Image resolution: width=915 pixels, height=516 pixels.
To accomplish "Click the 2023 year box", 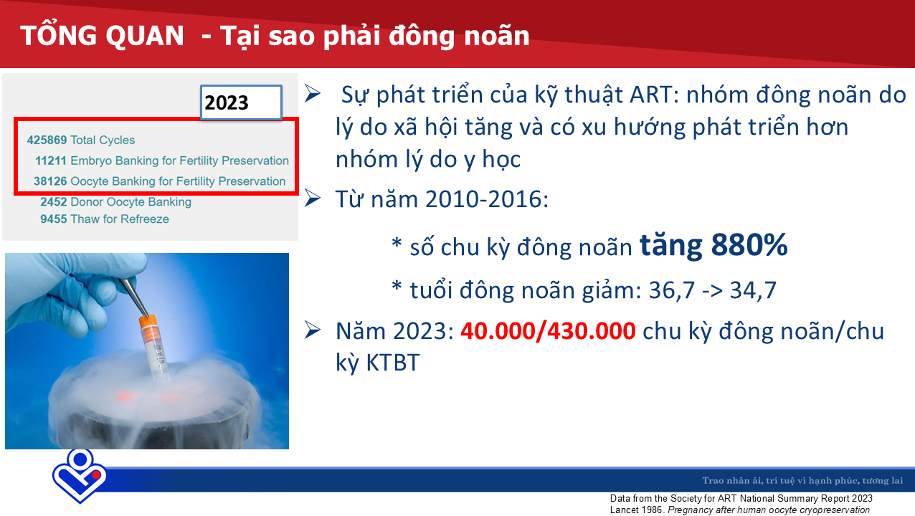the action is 241,102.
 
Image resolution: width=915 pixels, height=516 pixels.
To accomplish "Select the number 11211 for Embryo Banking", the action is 51,161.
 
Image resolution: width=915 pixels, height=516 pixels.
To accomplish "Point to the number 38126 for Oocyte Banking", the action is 49,181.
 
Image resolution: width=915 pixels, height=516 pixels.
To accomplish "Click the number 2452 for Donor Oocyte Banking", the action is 54,201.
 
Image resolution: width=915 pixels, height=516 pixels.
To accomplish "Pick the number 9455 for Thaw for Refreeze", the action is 54,219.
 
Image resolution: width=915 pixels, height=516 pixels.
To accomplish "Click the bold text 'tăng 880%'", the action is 713,246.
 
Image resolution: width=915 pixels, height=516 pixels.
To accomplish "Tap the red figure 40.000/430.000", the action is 548,330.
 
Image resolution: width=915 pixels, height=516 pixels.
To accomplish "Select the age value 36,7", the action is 671,290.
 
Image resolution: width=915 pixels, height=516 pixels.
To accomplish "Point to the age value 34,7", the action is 753,290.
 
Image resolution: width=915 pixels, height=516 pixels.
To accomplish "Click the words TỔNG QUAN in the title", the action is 102,36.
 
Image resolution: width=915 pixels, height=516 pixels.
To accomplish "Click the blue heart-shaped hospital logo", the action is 80,476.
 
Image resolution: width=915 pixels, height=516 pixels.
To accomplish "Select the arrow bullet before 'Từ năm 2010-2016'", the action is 313,199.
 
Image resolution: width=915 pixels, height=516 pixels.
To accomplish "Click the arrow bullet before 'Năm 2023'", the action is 313,330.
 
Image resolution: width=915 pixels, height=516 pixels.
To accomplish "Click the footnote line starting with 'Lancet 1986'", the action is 740,510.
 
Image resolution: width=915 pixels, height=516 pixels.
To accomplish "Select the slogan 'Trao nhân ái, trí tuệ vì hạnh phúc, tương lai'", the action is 802,480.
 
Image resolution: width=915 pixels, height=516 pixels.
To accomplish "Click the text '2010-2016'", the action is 484,200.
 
